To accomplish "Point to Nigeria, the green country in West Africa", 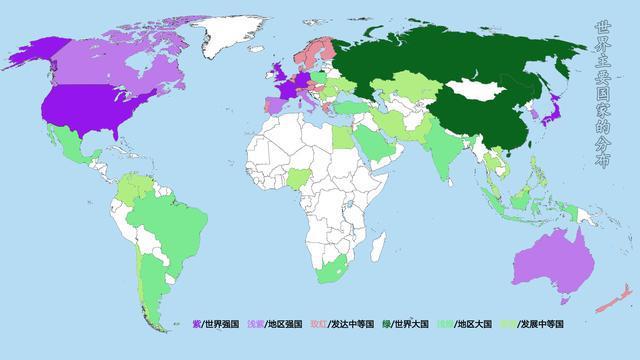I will coord(300,180).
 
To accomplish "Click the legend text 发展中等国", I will coord(541,324).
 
